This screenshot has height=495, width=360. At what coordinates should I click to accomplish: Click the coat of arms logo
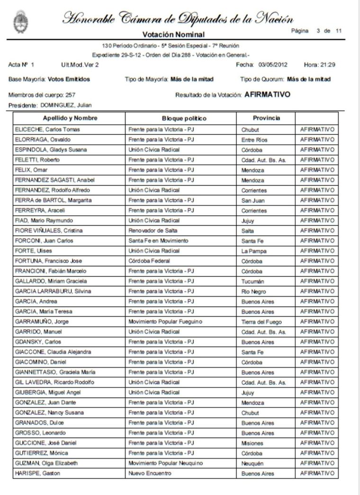point(20,21)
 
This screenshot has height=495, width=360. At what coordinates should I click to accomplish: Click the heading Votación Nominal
point(173,34)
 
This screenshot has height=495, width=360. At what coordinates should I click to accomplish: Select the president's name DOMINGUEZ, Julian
point(65,105)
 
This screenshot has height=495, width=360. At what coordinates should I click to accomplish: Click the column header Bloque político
point(184,118)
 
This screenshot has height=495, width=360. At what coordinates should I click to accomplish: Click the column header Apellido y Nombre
point(70,118)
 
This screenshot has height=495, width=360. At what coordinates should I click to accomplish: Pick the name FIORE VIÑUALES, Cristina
point(49,230)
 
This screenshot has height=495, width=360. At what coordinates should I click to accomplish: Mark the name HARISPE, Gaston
point(38,473)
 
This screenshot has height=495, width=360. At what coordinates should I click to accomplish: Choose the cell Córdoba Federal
point(149,261)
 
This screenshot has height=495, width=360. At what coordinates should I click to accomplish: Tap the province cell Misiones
point(252,443)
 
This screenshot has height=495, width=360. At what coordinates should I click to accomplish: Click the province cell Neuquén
point(252,463)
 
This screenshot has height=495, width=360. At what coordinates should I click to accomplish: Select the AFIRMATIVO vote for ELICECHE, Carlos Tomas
point(317,129)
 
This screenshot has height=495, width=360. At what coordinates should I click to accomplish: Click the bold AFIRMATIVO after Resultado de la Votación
point(268,95)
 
